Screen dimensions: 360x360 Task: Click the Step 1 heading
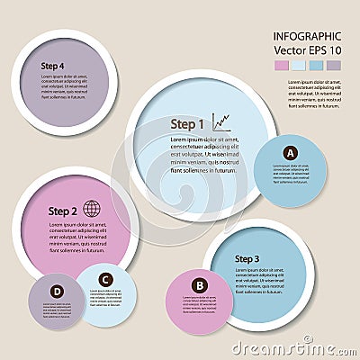pos(189,123)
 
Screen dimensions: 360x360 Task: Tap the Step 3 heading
pos(247,259)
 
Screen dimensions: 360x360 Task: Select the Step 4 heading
pos(52,66)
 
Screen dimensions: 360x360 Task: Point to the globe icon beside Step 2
pos(92,208)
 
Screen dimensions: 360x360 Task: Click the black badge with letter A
pos(290,153)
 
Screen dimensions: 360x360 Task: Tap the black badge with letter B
pos(200,286)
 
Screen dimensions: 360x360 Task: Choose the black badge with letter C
pos(105,279)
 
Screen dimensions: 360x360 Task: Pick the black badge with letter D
pos(57,291)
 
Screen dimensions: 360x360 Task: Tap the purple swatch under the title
pos(333,66)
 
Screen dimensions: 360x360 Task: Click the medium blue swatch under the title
pos(316,66)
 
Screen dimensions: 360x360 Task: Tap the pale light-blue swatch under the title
pos(299,66)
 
